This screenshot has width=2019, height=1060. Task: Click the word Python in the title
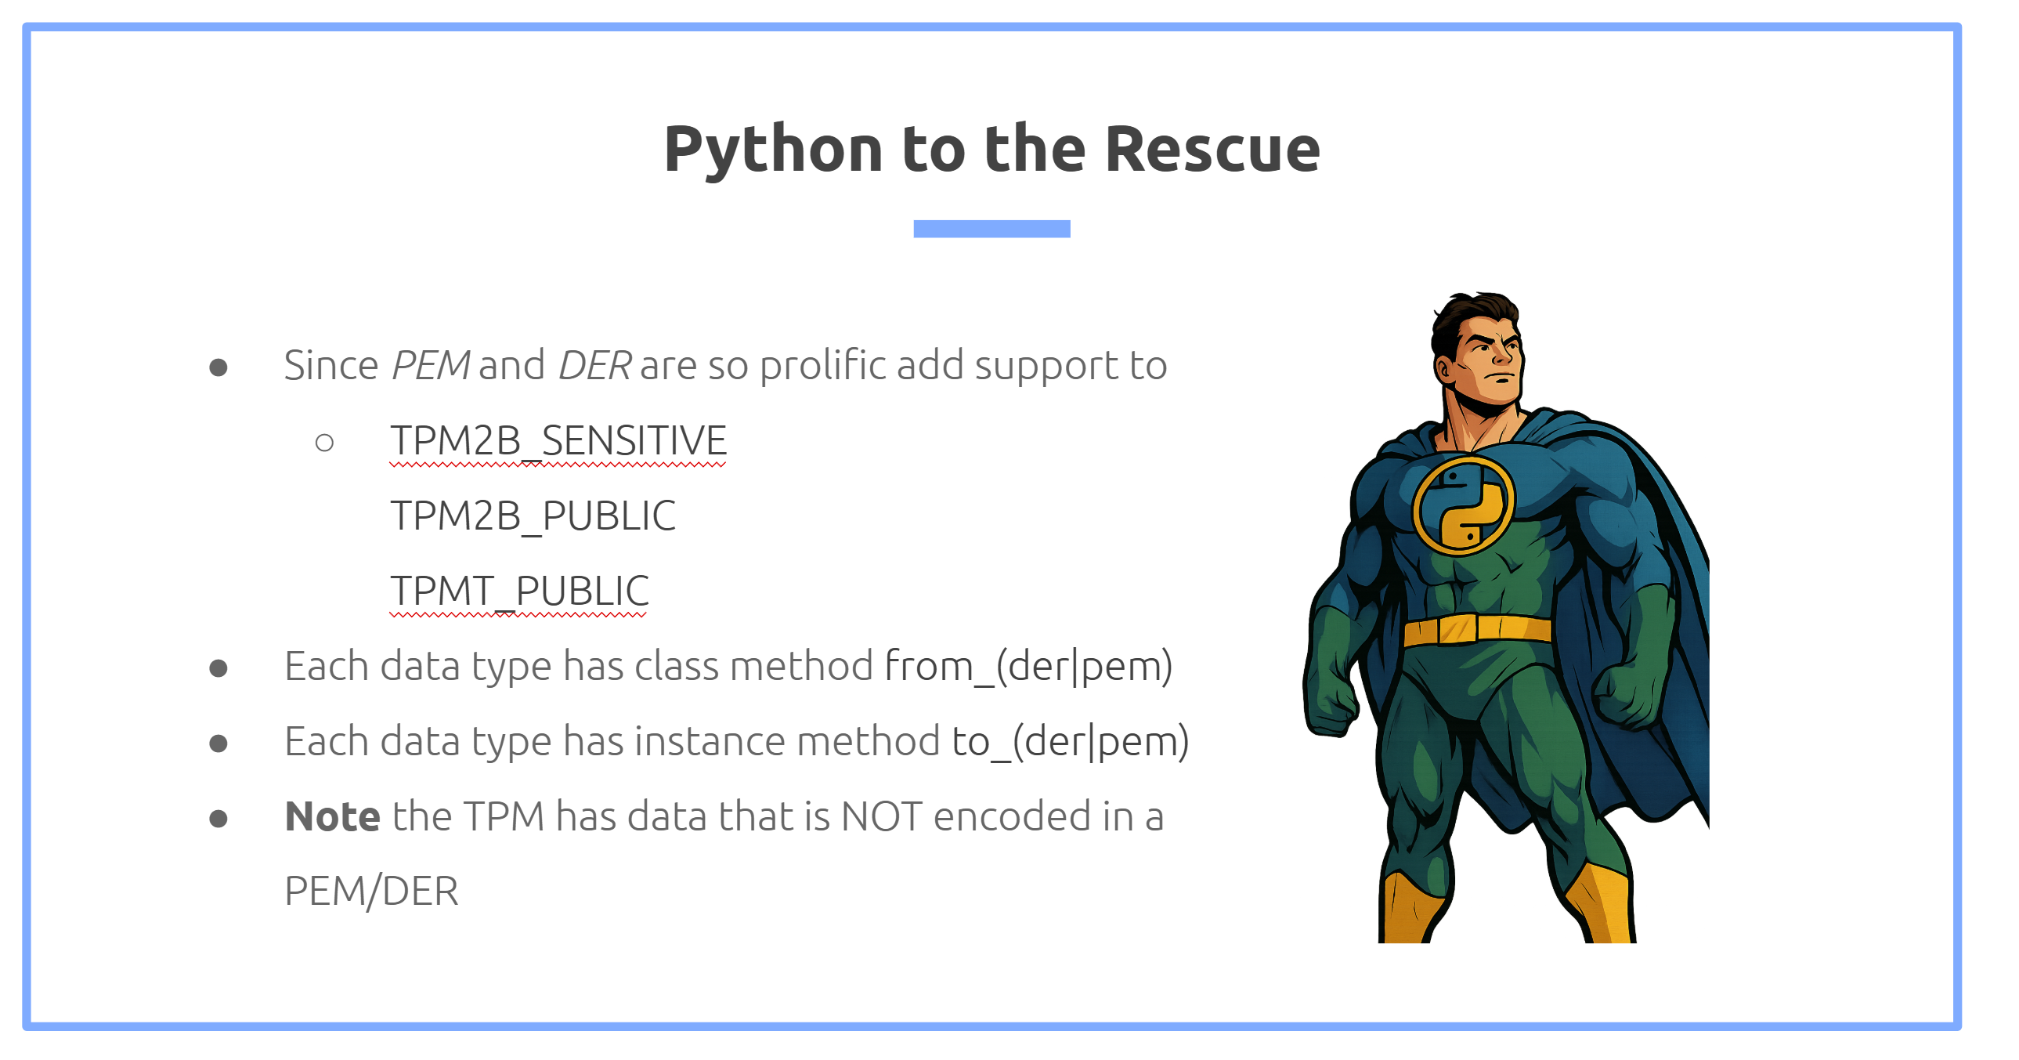(775, 150)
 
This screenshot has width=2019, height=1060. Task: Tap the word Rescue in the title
(1212, 149)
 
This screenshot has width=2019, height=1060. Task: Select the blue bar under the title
(991, 228)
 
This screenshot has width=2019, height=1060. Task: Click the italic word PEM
(430, 365)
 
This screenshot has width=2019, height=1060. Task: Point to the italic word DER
(594, 365)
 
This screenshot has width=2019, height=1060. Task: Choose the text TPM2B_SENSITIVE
(559, 440)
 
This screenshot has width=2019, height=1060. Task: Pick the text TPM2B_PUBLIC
(533, 516)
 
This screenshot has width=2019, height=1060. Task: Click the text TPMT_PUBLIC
(520, 592)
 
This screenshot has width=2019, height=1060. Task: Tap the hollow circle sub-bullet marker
(324, 443)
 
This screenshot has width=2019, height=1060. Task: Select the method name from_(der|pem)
(1028, 667)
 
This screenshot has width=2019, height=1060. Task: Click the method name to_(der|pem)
(1070, 742)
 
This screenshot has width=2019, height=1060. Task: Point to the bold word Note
(332, 816)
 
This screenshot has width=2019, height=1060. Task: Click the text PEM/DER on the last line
(371, 892)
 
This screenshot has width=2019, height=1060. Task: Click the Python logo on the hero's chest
(1462, 505)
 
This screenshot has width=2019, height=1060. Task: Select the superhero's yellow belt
(1476, 630)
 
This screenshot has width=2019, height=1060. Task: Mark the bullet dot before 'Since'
(219, 367)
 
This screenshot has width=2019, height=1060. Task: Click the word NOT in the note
(881, 817)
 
